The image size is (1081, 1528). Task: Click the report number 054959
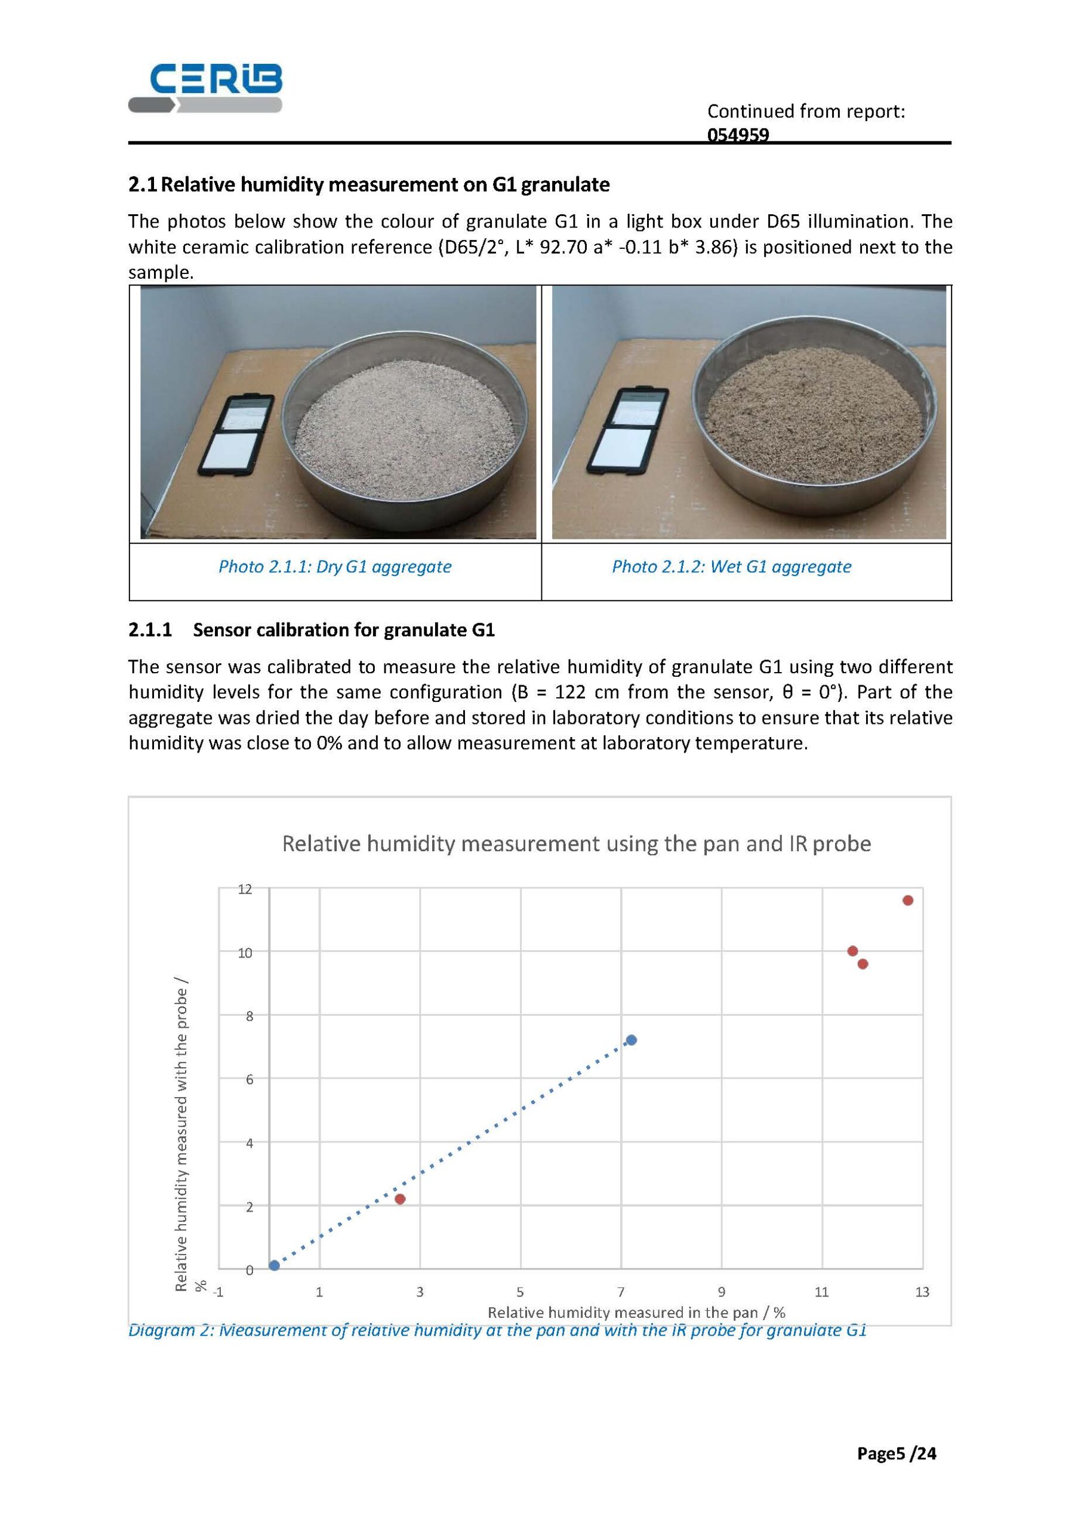coord(738,135)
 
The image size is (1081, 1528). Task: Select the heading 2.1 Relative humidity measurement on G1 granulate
coord(369,184)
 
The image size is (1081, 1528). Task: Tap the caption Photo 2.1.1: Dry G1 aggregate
coord(335,566)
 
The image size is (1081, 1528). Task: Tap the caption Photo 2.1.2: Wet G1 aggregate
coord(732,566)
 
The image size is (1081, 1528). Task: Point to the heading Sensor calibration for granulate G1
coord(343,630)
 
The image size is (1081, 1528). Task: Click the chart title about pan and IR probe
coord(577,844)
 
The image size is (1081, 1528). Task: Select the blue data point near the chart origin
coord(274,1265)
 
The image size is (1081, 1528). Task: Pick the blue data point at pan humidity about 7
coord(632,1040)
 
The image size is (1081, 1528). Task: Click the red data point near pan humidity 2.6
coord(400,1199)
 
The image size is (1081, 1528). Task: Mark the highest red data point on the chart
coord(908,901)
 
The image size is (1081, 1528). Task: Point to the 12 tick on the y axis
coord(245,889)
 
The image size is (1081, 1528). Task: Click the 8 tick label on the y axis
coord(249,1016)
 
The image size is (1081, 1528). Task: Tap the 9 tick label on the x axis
coord(722,1292)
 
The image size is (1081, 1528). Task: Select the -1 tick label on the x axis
coord(218,1292)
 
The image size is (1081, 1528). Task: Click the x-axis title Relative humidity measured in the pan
coord(636,1313)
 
